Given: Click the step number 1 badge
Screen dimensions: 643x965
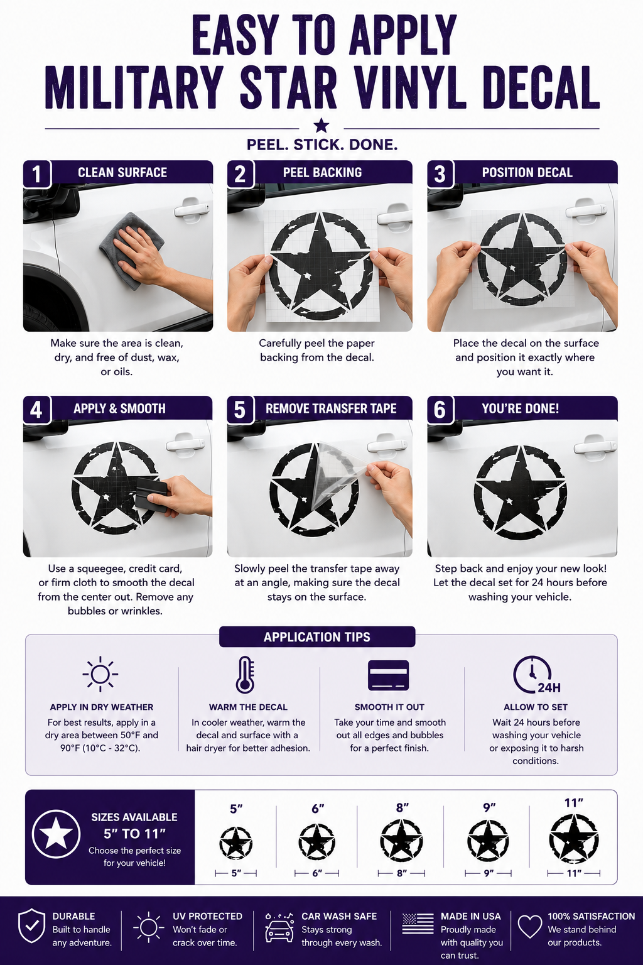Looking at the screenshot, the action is [x=37, y=174].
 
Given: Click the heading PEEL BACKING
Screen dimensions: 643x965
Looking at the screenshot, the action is [x=322, y=172].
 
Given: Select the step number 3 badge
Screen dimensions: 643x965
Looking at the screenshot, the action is [x=440, y=174].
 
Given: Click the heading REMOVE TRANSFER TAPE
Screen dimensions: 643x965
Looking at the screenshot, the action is [x=331, y=408].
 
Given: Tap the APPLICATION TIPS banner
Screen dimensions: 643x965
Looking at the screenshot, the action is [x=317, y=636].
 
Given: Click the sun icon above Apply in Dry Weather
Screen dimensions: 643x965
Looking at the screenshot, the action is [x=100, y=674].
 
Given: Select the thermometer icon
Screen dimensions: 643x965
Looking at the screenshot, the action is [x=245, y=675].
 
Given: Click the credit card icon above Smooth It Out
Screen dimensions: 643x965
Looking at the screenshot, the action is [x=388, y=675].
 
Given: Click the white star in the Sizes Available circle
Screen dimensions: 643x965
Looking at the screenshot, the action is [x=56, y=834].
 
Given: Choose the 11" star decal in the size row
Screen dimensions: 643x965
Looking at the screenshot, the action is [x=574, y=839].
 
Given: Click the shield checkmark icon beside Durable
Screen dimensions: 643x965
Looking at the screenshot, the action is [x=31, y=926].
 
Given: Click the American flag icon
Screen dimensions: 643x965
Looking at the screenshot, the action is [x=418, y=923].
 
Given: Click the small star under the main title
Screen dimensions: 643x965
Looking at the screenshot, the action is [x=321, y=126].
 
